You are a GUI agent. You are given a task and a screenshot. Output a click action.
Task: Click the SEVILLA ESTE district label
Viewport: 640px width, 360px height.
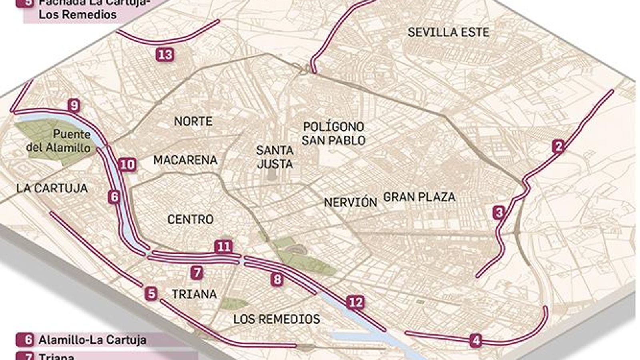coord(448,32)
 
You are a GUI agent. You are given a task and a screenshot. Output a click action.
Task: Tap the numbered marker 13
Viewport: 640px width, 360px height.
coord(165,54)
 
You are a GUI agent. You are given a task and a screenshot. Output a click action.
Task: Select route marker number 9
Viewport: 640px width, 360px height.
coord(74,106)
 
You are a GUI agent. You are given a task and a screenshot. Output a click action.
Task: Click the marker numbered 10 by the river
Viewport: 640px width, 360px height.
coord(128,164)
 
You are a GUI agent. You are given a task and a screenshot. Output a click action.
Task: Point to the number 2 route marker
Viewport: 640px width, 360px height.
coord(558,146)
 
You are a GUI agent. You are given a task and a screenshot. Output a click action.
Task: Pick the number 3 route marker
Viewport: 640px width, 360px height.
coord(498,212)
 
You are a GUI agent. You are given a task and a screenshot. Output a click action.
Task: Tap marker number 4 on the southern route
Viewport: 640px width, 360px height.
coord(476,341)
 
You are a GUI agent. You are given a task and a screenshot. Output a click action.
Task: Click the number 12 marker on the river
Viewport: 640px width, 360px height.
coord(355,302)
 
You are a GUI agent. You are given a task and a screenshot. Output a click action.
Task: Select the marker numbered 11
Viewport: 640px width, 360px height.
coord(223,246)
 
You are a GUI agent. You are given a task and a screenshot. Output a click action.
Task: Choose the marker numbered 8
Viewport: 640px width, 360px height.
coord(277,279)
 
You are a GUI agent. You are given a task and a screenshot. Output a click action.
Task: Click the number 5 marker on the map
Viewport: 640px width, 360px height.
coord(151,294)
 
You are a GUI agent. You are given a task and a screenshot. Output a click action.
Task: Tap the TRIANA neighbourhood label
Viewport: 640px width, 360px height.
coord(194,294)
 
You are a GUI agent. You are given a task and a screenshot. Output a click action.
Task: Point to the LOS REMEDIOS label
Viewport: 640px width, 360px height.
coord(276,319)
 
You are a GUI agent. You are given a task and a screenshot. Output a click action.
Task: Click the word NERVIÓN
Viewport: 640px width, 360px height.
coord(350,202)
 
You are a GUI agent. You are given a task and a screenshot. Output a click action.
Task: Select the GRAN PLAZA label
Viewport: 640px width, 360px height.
coord(419,197)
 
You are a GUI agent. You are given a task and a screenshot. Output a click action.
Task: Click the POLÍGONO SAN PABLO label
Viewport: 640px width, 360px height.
coord(333,134)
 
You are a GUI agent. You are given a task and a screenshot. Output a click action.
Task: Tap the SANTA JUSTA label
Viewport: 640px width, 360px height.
coord(275,157)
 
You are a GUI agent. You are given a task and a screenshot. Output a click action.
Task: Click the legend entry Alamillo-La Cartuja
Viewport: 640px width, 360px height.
coord(92,340)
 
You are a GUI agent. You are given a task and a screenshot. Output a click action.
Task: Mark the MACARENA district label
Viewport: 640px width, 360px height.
coord(185,160)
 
